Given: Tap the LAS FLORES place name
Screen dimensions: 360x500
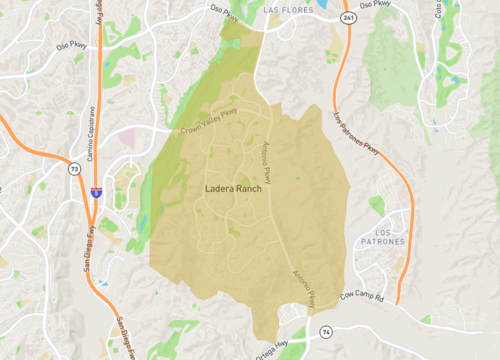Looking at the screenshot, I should coord(290,8).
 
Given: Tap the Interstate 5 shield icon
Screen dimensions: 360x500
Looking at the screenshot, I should coord(96,190).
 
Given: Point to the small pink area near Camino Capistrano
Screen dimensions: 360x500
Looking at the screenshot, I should coord(130,137).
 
